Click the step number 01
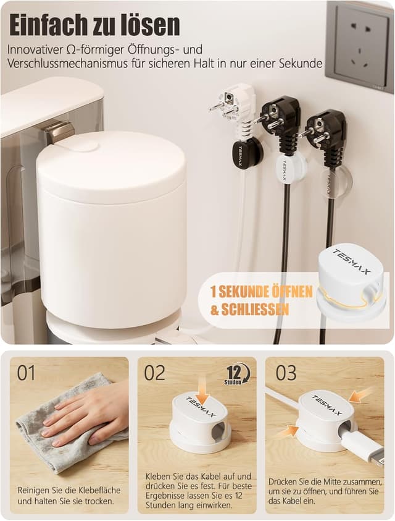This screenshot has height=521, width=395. tap(26, 373)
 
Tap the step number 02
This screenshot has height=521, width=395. tap(155, 373)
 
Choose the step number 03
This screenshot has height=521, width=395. tap(286, 373)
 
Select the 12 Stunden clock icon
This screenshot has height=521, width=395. tap(238, 374)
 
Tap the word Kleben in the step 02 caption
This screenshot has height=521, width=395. tap(158, 477)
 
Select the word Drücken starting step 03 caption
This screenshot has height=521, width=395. tap(281, 481)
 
